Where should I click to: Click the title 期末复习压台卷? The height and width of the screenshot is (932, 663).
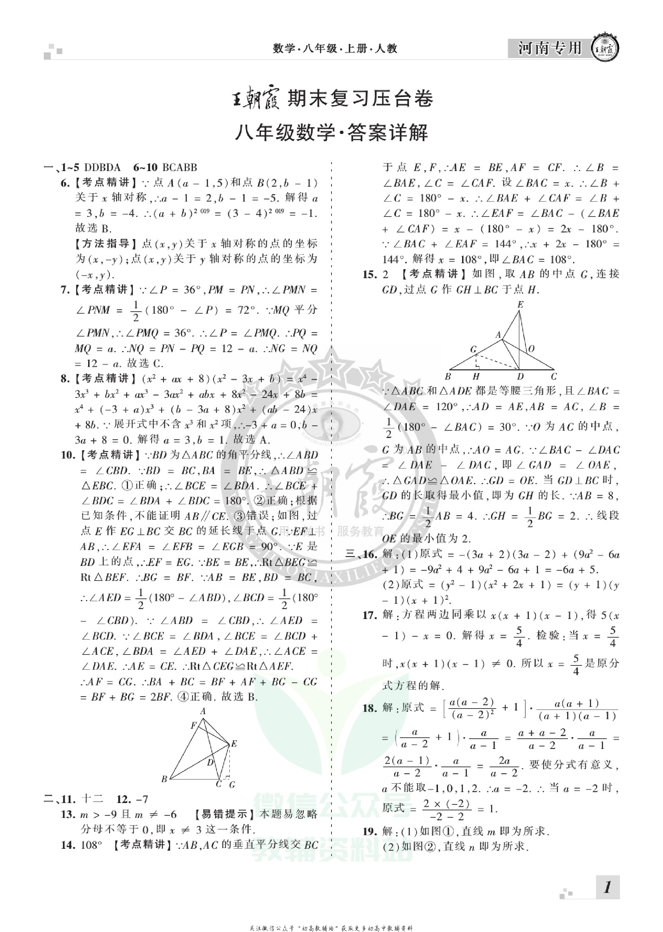click(x=360, y=99)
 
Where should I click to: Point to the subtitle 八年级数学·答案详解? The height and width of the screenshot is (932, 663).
click(x=331, y=133)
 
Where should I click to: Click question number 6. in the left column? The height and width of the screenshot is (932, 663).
click(x=65, y=183)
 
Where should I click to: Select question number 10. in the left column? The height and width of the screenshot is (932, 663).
click(x=68, y=455)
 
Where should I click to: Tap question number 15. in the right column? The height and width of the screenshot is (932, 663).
click(x=370, y=274)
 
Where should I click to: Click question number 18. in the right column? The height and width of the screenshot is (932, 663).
click(x=370, y=708)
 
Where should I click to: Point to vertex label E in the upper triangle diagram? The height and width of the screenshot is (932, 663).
click(x=520, y=305)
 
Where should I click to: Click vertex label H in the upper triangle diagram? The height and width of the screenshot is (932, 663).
click(x=476, y=376)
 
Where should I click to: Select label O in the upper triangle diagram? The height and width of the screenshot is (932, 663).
click(x=531, y=349)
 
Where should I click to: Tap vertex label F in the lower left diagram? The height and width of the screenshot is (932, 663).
click(x=194, y=726)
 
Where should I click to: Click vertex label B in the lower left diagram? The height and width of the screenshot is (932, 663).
click(x=164, y=779)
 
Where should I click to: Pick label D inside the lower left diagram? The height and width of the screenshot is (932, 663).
click(x=210, y=762)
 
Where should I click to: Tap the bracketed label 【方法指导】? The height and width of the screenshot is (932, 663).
click(x=107, y=244)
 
